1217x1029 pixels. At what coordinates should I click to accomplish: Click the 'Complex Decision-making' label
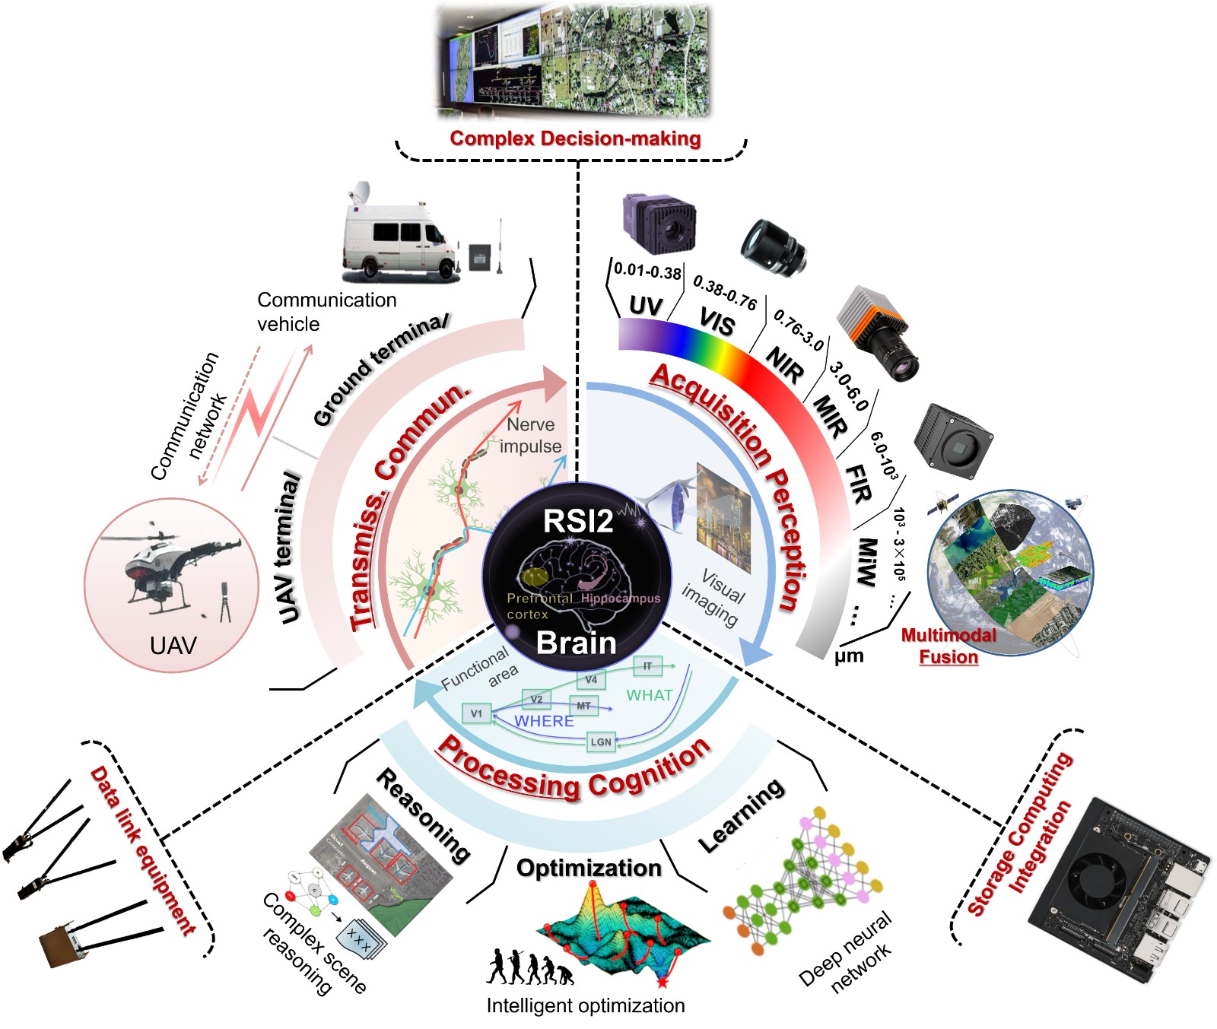[575, 138]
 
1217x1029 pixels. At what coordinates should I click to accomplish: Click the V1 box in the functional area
[476, 713]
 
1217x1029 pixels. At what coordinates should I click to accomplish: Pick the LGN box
[601, 742]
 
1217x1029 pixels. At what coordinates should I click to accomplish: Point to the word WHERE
[544, 721]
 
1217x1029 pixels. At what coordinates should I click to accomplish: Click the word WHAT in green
[649, 695]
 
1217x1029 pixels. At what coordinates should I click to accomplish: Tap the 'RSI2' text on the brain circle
[578, 522]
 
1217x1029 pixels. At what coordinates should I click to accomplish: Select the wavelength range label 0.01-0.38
[647, 272]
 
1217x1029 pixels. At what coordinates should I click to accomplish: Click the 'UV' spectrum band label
[645, 306]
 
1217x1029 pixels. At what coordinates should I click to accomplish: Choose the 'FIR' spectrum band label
[859, 484]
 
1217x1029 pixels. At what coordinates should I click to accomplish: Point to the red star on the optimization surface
[663, 983]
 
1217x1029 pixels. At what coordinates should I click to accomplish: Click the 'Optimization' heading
[589, 868]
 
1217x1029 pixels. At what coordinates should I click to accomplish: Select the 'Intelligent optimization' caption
[586, 1005]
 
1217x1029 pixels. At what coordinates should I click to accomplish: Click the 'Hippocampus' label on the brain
[621, 599]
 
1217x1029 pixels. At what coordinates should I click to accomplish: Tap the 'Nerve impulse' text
[531, 435]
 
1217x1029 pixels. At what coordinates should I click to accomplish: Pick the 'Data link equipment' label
[143, 850]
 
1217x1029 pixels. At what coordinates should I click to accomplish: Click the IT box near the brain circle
[647, 666]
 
